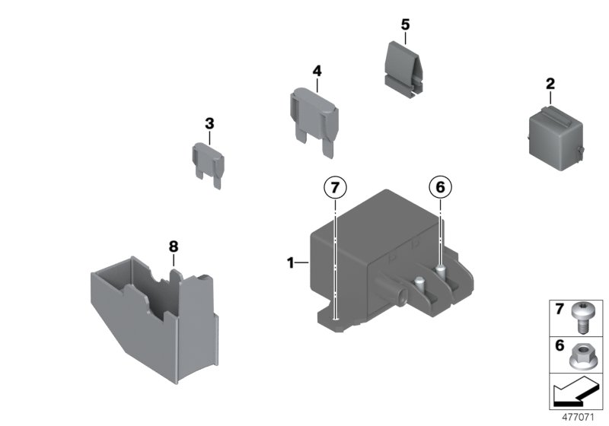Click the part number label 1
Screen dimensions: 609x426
click(291, 263)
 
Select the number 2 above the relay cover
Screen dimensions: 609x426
click(550, 84)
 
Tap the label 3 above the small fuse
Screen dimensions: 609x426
click(209, 124)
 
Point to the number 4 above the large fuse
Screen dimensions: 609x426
click(317, 71)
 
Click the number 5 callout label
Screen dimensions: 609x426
click(405, 24)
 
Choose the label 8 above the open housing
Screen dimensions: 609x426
click(174, 246)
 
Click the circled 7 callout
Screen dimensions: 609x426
click(335, 188)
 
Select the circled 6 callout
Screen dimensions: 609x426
click(440, 187)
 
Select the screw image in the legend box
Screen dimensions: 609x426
click(580, 318)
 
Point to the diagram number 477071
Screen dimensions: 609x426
click(579, 418)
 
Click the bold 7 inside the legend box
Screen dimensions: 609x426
click(559, 309)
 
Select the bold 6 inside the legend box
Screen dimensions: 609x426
click(560, 345)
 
